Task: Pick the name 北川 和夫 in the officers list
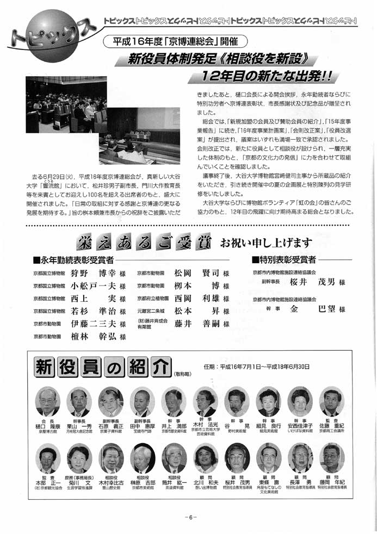tap(205, 481)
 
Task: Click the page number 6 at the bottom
tap(189, 517)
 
